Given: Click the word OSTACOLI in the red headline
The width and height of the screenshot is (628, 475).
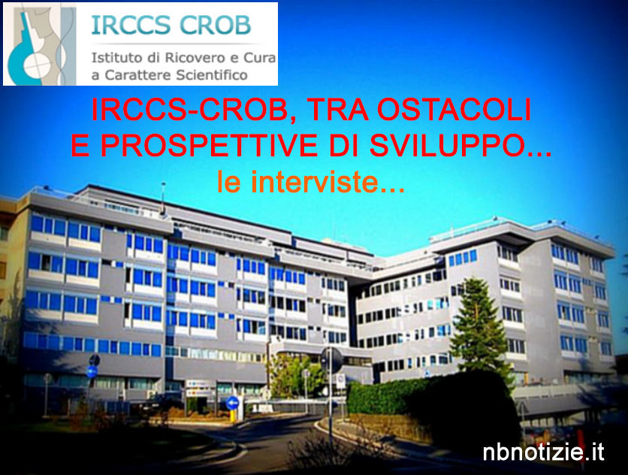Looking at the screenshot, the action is (x=454, y=110).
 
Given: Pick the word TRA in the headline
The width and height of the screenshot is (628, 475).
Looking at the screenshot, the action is (x=337, y=110).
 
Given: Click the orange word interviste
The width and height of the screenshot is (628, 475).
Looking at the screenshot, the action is (x=315, y=182).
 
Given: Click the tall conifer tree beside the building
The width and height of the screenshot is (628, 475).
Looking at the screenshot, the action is (x=478, y=325).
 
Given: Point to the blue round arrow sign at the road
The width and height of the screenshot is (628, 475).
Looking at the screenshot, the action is (x=232, y=403).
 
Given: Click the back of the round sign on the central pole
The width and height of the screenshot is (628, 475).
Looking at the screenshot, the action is (x=331, y=360).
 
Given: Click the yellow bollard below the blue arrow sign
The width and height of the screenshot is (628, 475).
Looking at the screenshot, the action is (x=232, y=416).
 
